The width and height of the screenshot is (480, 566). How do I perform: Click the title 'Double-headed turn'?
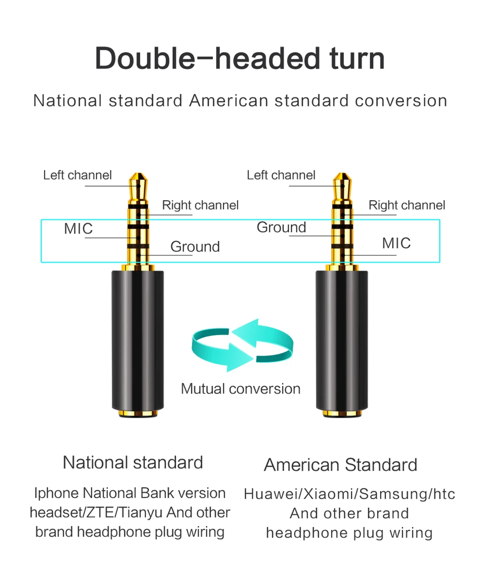coord(240,59)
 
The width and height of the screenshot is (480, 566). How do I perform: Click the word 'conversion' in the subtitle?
coord(401,101)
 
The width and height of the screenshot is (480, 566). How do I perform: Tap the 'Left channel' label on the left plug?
coord(77,175)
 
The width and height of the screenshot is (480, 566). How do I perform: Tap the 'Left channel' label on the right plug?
coord(281,175)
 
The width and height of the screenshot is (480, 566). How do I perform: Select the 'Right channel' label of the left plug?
coord(200,205)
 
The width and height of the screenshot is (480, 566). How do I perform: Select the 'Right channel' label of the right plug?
coord(407,205)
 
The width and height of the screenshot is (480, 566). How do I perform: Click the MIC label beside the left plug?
coord(78,229)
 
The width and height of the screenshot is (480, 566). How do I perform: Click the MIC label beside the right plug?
coord(396,243)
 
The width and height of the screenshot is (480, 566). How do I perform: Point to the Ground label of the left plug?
coord(195,247)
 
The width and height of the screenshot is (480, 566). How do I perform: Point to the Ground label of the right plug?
coord(281,227)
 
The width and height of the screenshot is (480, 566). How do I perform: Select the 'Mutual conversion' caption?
coord(240,388)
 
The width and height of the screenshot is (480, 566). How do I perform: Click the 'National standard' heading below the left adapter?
coord(133,462)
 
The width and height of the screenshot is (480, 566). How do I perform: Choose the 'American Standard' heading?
coord(340,465)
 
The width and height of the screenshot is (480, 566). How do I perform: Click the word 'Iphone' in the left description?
coord(56,493)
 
